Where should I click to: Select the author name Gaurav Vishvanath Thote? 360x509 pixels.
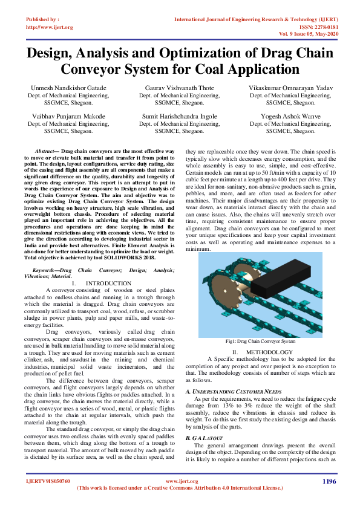[180, 88]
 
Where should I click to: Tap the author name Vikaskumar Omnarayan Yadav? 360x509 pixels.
[290, 88]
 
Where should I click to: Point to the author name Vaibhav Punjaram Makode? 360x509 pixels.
[68, 115]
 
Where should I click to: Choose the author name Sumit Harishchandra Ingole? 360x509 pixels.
[180, 115]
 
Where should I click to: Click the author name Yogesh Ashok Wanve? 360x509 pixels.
[290, 115]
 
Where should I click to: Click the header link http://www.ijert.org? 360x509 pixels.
[49, 27]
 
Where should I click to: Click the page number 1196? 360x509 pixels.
[329, 481]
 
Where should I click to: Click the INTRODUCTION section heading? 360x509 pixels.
[108, 283]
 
